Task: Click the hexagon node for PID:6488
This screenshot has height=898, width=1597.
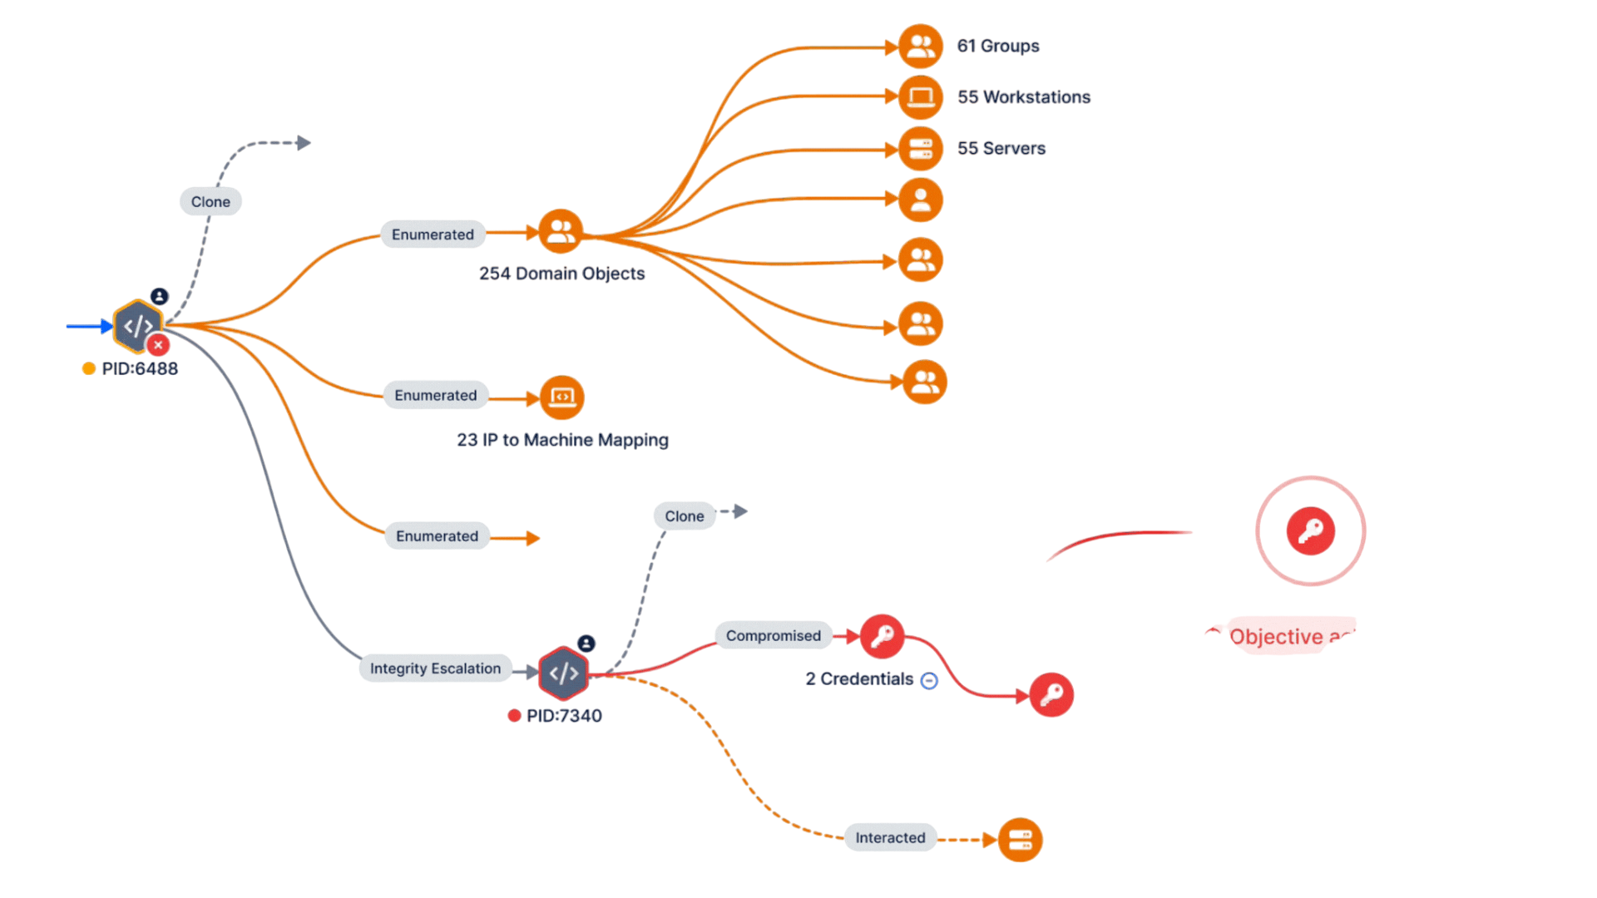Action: pyautogui.click(x=138, y=326)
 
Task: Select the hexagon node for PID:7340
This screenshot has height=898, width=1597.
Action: pyautogui.click(x=563, y=673)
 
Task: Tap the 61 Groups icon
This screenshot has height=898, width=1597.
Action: pyautogui.click(x=921, y=46)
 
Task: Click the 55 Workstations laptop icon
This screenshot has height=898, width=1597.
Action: pyautogui.click(x=921, y=97)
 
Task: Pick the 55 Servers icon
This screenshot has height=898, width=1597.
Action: pyautogui.click(x=921, y=149)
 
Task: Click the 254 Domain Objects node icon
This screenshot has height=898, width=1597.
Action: pyautogui.click(x=561, y=231)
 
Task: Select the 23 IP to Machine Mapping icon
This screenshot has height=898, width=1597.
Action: pyautogui.click(x=562, y=397)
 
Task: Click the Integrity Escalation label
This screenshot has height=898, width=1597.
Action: pyautogui.click(x=435, y=669)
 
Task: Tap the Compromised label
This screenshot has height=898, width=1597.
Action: pyautogui.click(x=773, y=636)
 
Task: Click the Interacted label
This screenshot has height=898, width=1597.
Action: pyautogui.click(x=890, y=838)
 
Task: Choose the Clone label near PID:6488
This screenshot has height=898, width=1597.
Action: pyautogui.click(x=210, y=202)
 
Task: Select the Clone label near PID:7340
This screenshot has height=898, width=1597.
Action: pyautogui.click(x=684, y=516)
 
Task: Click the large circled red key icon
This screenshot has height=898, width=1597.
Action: pyautogui.click(x=1310, y=530)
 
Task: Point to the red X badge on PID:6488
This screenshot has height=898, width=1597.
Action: pyautogui.click(x=158, y=345)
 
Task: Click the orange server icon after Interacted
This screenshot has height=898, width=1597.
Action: pyautogui.click(x=1020, y=840)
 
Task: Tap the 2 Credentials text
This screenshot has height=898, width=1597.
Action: pyautogui.click(x=859, y=679)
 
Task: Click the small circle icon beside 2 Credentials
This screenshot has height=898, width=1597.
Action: pyautogui.click(x=929, y=681)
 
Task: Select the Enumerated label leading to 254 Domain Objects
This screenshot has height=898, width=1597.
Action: pyautogui.click(x=433, y=235)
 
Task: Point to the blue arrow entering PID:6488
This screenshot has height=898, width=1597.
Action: pyautogui.click(x=88, y=326)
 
